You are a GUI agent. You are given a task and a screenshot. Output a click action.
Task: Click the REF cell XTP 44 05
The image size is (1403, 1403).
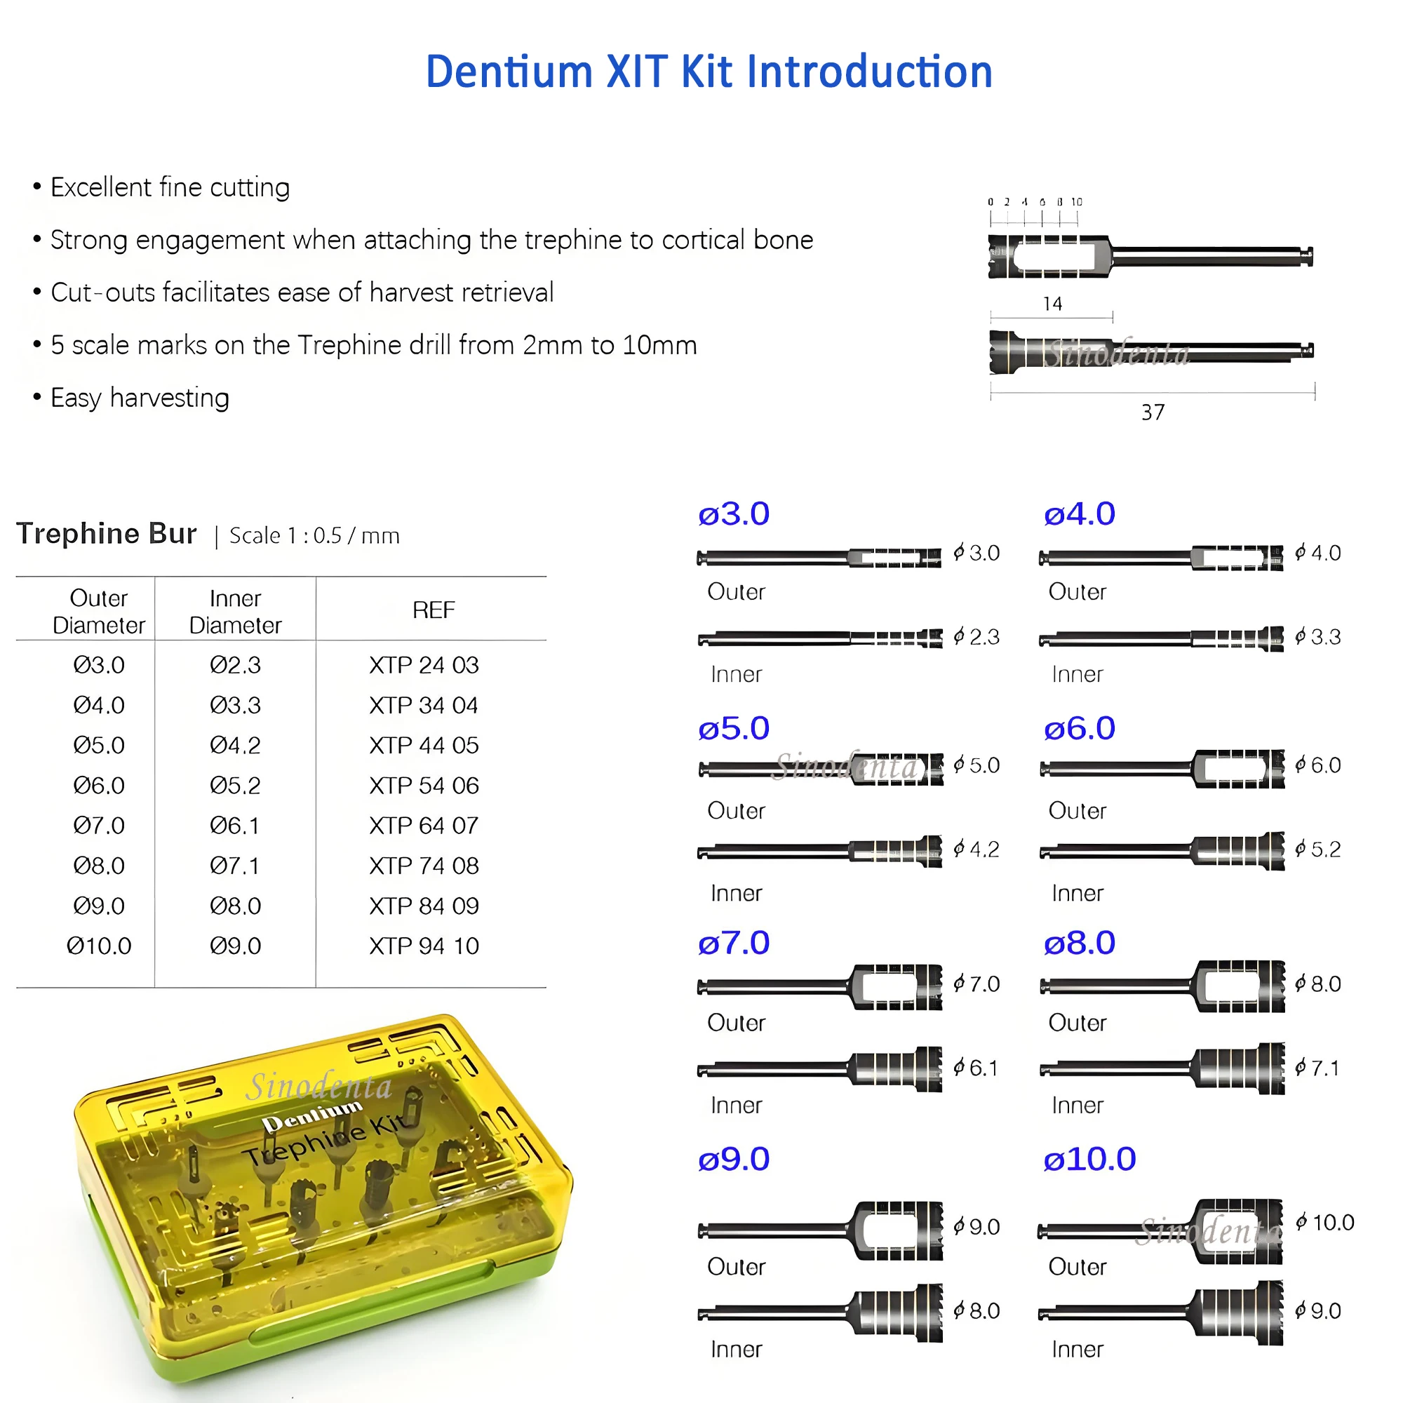click(424, 745)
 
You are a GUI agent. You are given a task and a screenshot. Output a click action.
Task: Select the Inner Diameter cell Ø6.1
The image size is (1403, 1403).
click(234, 826)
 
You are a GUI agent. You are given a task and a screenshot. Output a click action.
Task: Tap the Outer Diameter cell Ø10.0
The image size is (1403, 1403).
click(99, 946)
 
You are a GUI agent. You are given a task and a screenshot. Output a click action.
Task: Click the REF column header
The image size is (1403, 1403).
click(434, 610)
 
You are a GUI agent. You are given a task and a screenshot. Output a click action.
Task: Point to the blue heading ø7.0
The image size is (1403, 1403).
click(734, 944)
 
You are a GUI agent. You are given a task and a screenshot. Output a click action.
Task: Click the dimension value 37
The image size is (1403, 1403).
click(1153, 412)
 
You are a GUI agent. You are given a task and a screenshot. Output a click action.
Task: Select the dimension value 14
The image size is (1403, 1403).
click(1052, 304)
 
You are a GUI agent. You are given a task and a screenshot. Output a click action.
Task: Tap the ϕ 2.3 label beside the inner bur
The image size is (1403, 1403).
click(976, 637)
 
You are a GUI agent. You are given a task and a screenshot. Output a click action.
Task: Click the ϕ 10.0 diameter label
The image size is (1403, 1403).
click(1325, 1222)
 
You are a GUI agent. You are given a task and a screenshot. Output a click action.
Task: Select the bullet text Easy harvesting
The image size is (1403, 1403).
click(140, 398)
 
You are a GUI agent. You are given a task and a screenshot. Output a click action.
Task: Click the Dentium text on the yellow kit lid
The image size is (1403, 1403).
click(312, 1115)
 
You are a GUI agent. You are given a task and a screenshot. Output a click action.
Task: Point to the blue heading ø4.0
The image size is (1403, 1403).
click(1079, 514)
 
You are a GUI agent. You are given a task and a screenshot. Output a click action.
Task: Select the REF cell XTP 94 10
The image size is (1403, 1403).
click(424, 946)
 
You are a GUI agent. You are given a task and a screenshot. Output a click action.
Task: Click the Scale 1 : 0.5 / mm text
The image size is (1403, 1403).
click(314, 536)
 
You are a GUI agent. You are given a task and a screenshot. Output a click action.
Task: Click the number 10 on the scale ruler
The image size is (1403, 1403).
click(1076, 202)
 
